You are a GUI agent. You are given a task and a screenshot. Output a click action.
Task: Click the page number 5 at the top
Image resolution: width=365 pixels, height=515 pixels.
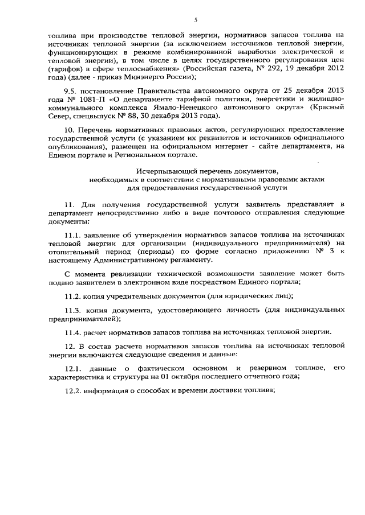pyautogui.click(x=195, y=19)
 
